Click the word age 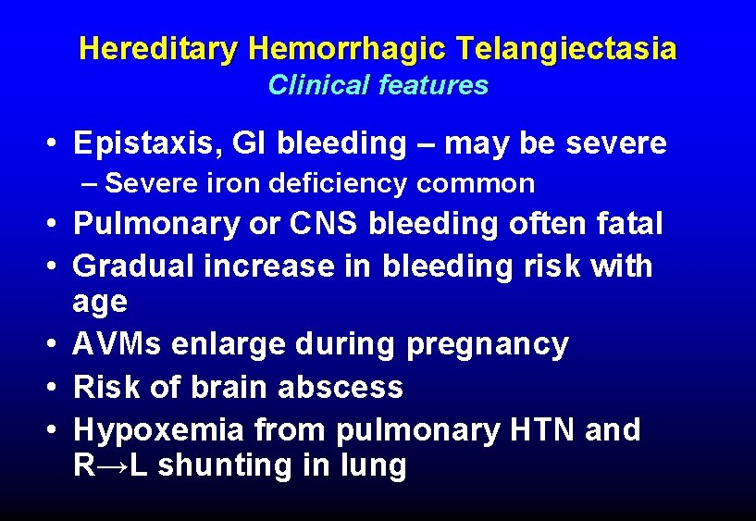tap(100, 303)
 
